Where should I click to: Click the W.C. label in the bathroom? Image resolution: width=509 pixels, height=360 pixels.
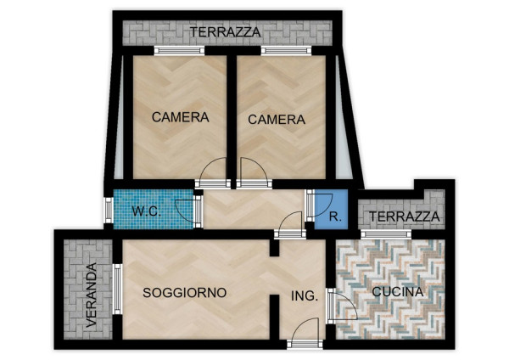147,211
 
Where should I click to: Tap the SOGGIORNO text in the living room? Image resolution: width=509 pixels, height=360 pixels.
185,293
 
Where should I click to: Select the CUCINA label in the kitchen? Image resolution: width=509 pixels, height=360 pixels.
398,292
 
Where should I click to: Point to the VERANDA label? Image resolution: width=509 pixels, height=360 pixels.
92,295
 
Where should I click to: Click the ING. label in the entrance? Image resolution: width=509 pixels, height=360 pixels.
305,296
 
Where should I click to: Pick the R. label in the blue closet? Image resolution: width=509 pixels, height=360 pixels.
335,217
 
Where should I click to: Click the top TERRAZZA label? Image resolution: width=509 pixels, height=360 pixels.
226,32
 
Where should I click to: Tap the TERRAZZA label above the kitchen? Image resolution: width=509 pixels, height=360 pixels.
405,217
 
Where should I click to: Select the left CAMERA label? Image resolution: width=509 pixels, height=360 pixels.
181,117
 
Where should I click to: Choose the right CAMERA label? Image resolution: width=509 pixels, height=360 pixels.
277,120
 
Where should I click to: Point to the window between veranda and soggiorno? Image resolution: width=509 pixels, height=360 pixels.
117,290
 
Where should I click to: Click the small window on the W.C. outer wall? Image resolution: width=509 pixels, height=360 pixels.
109,211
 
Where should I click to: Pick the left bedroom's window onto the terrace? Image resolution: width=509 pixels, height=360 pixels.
179,51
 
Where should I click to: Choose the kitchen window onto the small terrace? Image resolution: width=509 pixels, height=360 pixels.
386,234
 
